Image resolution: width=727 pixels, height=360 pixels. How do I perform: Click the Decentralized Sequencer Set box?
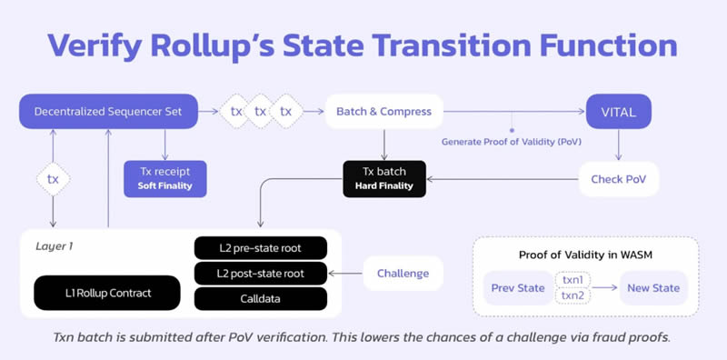point(108,112)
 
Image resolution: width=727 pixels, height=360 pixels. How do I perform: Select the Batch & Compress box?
point(384,112)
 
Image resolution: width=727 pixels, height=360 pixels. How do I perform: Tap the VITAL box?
point(618,112)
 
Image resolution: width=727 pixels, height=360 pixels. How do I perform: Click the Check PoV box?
point(618,179)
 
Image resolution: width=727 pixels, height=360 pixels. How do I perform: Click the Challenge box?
point(396,272)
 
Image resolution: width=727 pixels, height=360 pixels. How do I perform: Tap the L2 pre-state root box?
point(260,247)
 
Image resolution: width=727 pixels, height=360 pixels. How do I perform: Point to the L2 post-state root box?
point(260,272)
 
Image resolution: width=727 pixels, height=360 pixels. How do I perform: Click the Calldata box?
point(260,297)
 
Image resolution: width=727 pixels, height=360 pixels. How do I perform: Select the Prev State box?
point(517,288)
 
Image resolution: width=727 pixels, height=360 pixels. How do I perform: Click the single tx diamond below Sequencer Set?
point(54,179)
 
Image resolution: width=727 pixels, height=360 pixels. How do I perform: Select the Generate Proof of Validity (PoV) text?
point(513,142)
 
